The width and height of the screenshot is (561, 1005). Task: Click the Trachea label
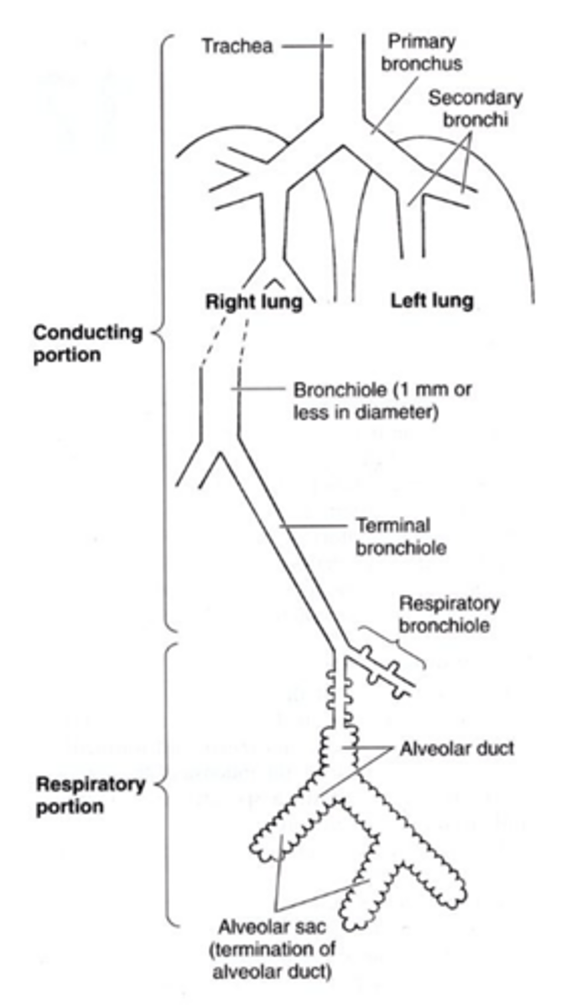[236, 45]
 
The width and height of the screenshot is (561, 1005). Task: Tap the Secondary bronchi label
[475, 106]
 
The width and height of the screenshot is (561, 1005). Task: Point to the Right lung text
[253, 300]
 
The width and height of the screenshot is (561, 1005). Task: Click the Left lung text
[431, 300]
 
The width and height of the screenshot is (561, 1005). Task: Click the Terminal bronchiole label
[393, 537]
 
